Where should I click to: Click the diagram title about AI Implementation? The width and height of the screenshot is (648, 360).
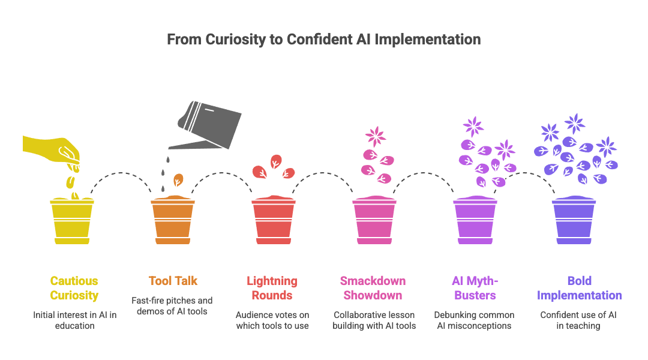[x=323, y=40]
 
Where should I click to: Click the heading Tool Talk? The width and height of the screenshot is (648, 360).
[x=173, y=281]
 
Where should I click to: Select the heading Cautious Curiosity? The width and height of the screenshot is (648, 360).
[x=74, y=288]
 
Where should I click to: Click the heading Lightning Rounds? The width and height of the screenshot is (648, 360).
[x=272, y=288]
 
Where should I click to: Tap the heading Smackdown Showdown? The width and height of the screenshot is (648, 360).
[x=373, y=288]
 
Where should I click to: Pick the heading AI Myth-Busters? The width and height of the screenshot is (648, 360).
[x=474, y=288]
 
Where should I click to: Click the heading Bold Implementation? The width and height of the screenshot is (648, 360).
[x=579, y=288]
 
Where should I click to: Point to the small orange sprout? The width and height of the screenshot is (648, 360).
[x=178, y=182]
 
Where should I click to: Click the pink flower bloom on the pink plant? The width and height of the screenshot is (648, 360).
[x=376, y=136]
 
